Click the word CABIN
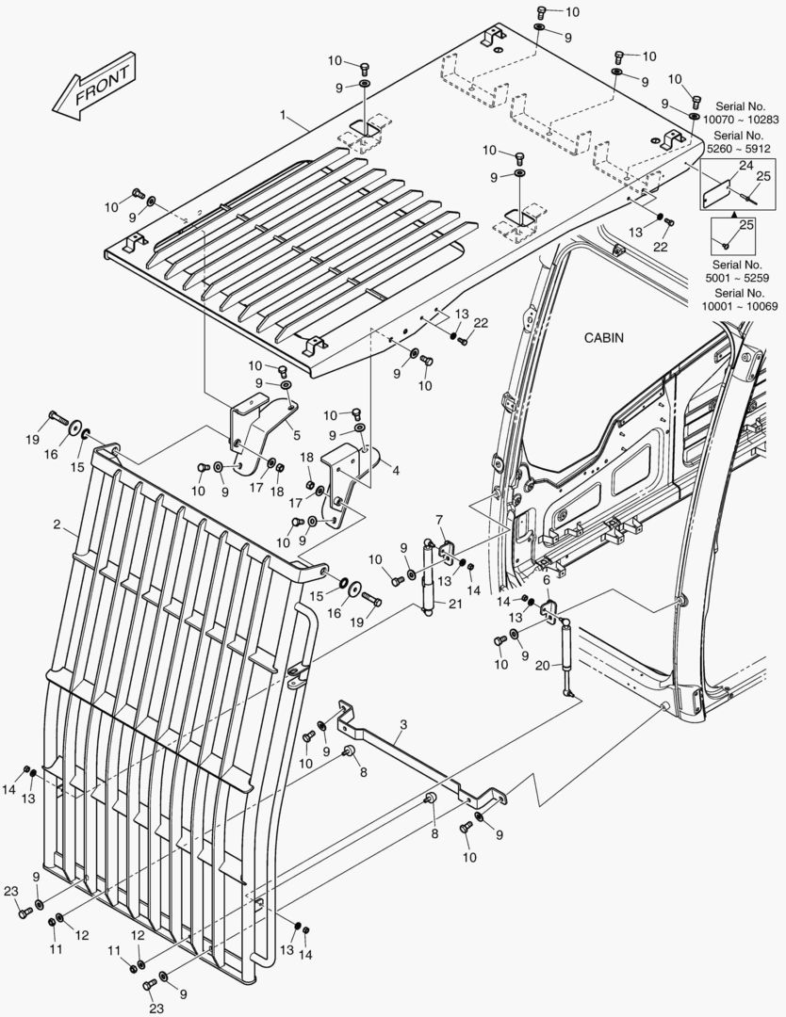(x=603, y=337)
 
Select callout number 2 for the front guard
(x=58, y=524)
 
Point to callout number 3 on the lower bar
(x=403, y=725)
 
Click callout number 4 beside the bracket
(x=396, y=469)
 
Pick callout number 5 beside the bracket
(x=297, y=435)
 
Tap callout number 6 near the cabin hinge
(x=546, y=592)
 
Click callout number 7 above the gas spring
(x=439, y=520)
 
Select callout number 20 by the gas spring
(x=541, y=666)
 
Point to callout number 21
(x=455, y=604)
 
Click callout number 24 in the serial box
(x=745, y=166)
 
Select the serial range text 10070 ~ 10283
(x=741, y=120)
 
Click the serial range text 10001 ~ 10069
(x=741, y=306)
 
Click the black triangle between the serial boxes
(x=733, y=215)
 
